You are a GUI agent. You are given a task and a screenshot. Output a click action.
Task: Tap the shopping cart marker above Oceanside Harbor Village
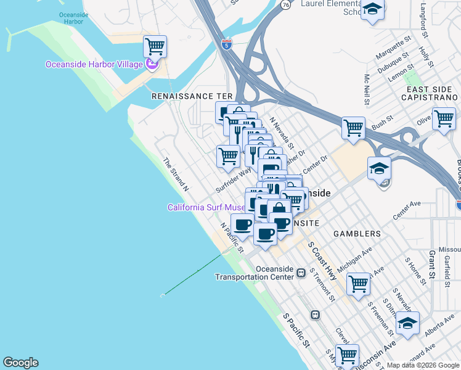(155, 46)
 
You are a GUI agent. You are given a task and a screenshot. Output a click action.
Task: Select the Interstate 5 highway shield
(227, 44)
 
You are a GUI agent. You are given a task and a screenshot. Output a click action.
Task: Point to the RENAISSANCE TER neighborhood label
(192, 97)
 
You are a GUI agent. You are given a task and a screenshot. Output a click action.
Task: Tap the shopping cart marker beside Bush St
(353, 128)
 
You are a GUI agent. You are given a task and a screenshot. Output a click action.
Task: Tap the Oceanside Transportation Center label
(255, 273)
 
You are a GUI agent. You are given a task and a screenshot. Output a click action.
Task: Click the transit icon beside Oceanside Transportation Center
(301, 273)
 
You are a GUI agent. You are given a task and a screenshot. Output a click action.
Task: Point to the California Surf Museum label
(205, 207)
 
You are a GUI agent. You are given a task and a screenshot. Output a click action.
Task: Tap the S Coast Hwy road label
(322, 261)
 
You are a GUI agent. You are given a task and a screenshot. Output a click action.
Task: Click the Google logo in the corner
(20, 363)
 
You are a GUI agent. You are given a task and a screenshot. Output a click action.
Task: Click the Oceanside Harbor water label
(73, 17)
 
